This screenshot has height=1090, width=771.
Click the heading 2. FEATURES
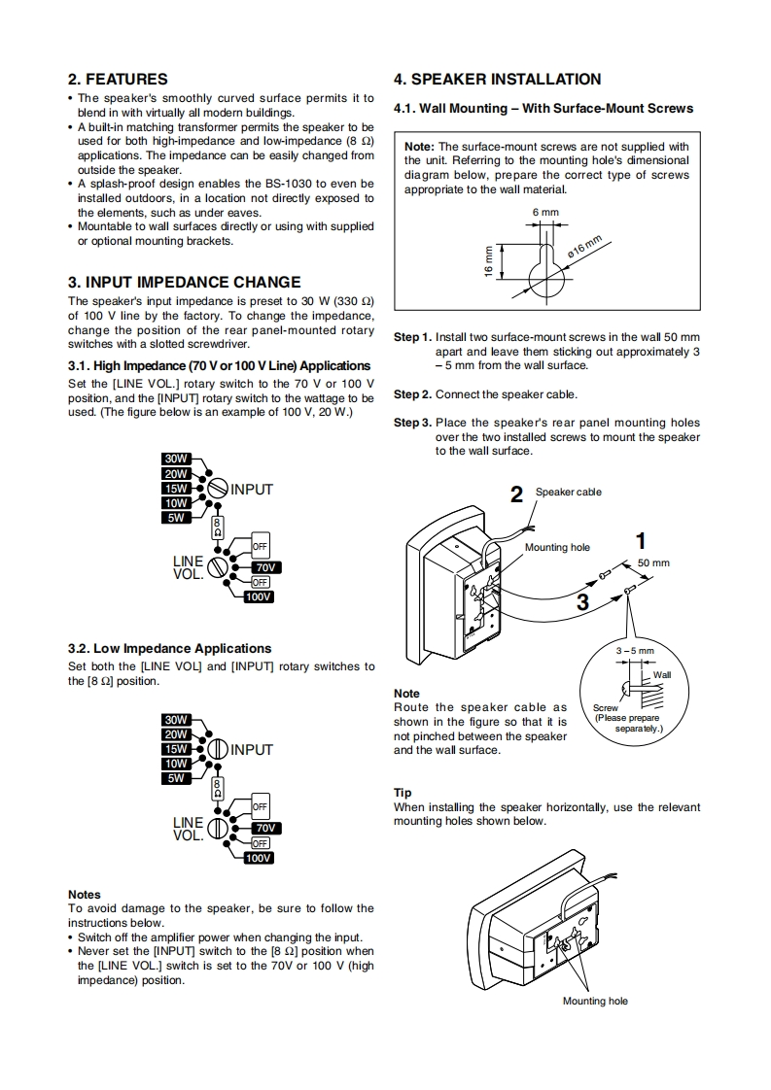tap(118, 80)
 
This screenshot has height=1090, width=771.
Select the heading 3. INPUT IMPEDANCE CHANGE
tap(184, 283)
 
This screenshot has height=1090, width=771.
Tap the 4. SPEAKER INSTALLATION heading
tap(497, 80)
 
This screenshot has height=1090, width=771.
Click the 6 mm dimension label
tap(545, 212)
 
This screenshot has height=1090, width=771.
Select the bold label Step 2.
tap(412, 394)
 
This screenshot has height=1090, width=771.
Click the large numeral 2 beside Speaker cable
tap(517, 494)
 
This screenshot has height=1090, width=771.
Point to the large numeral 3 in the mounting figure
tap(582, 602)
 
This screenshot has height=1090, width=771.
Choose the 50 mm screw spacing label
tap(653, 563)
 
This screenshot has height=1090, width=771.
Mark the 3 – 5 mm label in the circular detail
tap(636, 651)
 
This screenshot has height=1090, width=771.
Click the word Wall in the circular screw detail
tap(662, 674)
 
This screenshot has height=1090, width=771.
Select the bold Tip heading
tap(402, 793)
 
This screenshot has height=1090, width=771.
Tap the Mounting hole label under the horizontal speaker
tap(595, 1002)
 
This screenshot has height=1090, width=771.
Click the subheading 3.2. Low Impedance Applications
tap(170, 648)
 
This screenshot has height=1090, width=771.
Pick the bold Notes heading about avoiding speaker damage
tap(85, 894)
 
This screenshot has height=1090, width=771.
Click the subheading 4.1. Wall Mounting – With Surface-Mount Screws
tap(543, 109)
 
